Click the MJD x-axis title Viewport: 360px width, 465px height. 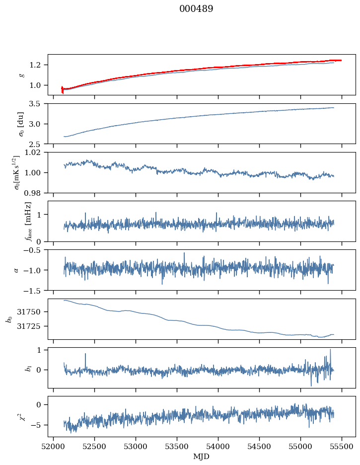(x=202, y=457)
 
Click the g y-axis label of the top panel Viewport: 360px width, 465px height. (x=21, y=75)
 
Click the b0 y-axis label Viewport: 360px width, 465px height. (x=9, y=319)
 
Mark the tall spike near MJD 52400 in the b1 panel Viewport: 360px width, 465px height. (x=85, y=354)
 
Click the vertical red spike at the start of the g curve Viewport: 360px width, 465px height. (x=63, y=89)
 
